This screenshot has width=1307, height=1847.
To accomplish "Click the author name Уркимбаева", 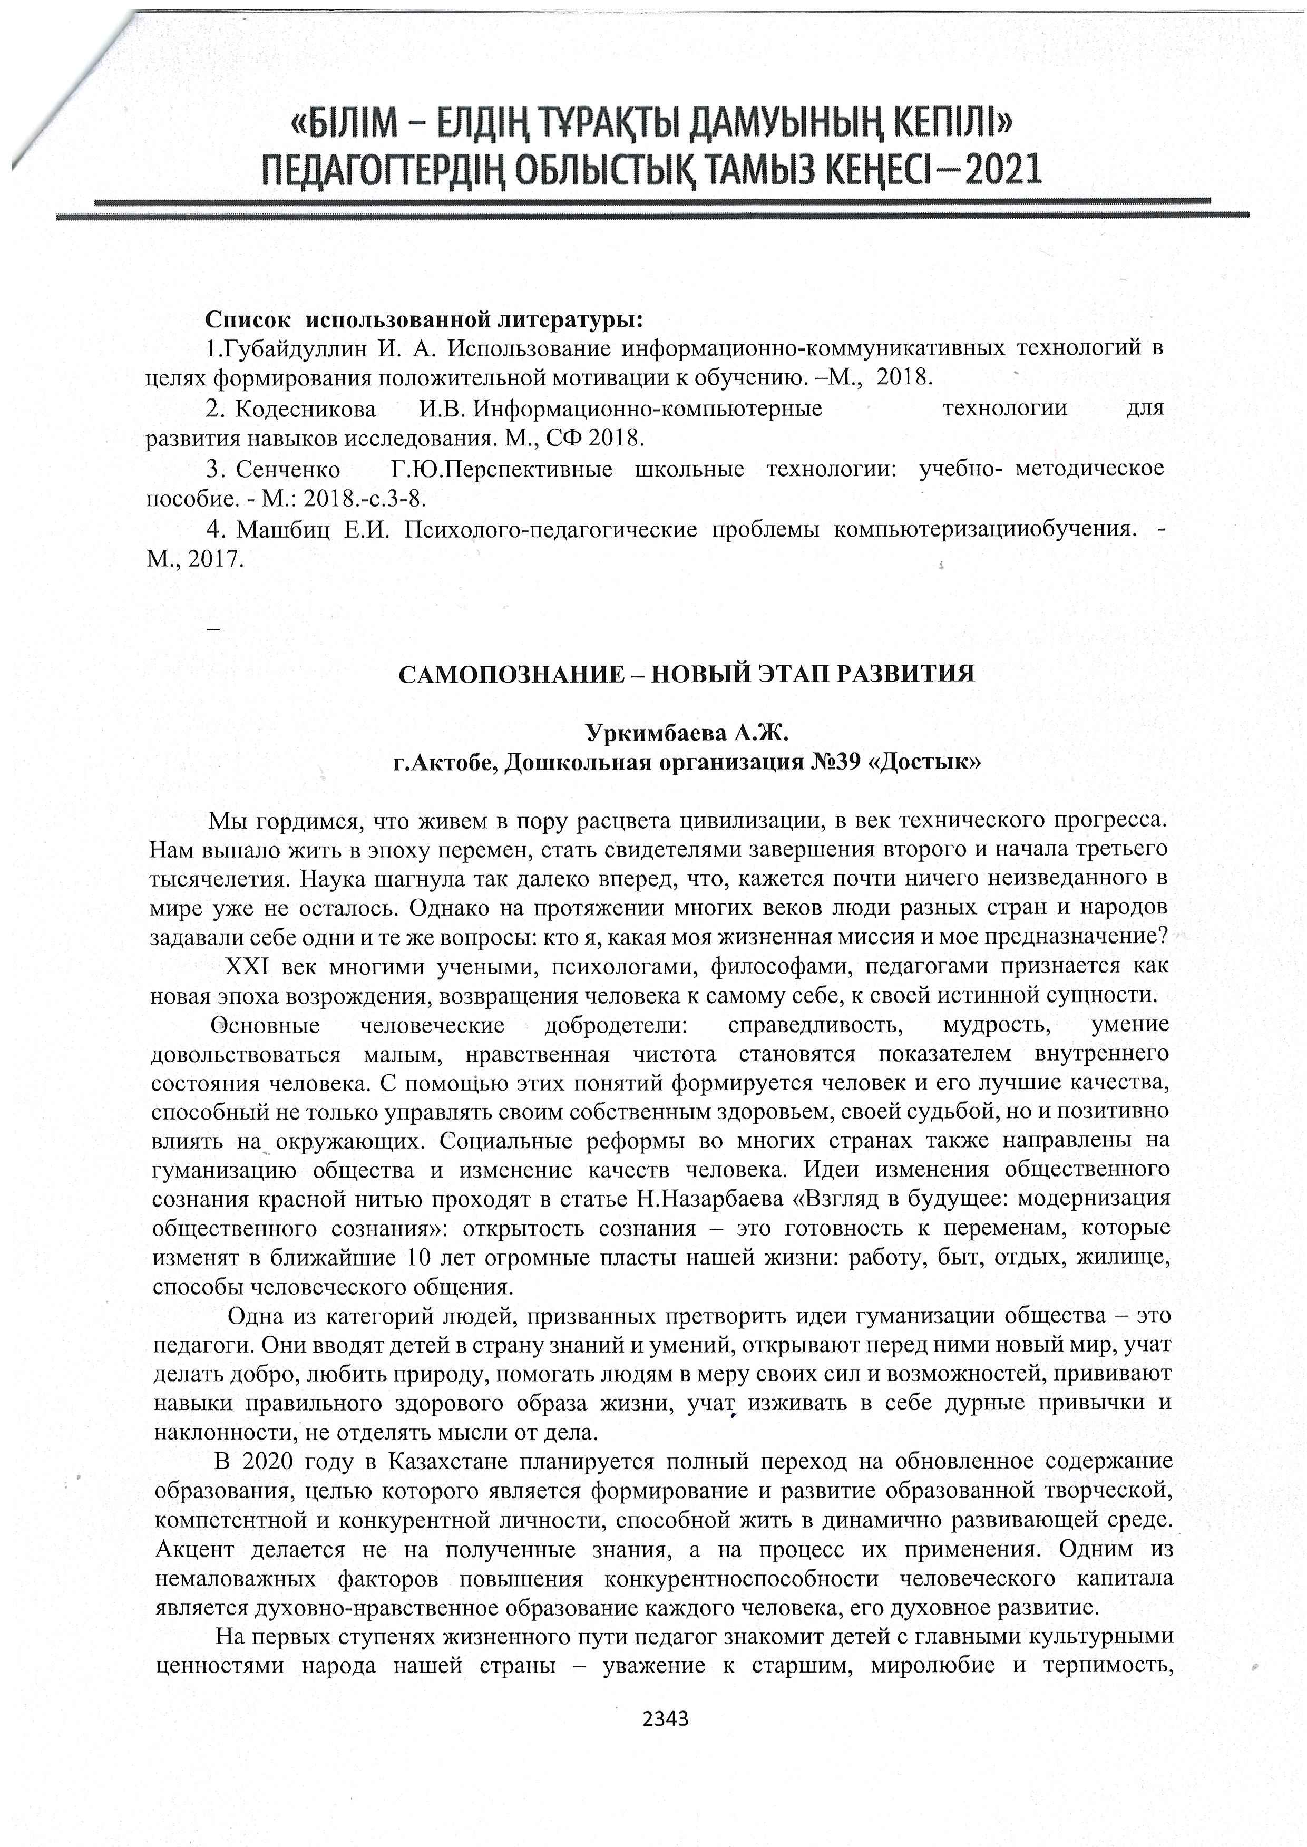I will point(653,733).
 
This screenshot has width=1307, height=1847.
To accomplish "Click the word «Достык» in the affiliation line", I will point(926,761).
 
